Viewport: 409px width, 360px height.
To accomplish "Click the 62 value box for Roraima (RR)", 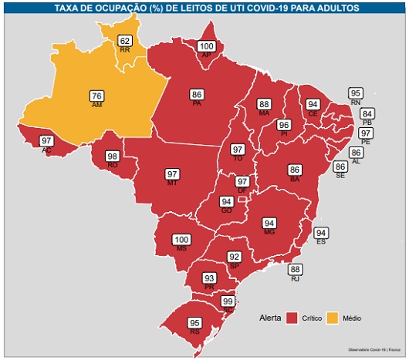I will pos(124,41).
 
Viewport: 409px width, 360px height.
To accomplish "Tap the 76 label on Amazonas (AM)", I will pos(96,96).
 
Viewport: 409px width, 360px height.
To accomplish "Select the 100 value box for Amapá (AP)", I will pos(206,47).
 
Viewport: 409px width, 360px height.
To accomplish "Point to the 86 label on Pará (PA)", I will pos(197,95).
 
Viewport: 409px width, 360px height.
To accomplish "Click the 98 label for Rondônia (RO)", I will pos(113,156).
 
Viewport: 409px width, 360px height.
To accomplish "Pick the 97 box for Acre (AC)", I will pos(47,140).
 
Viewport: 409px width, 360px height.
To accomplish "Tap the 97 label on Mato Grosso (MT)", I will pos(172,174).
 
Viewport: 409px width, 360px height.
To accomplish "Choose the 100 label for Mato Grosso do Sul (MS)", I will pos(181,240).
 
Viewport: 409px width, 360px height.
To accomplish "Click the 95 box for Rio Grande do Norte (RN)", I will pos(356,93).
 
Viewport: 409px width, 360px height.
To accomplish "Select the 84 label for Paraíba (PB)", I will pos(367,114).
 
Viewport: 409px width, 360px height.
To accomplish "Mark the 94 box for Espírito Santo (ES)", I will pos(322,233).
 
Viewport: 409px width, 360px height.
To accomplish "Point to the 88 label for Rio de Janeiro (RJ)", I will pos(296,270).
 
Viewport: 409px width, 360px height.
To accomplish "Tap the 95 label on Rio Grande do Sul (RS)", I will pos(195,323).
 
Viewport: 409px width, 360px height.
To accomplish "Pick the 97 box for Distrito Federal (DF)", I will pos(242,181).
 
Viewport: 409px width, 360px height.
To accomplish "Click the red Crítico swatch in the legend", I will pos(292,318).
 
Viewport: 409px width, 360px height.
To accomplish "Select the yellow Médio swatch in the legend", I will pos(335,318).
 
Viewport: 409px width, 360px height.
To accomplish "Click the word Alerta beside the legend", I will pos(269,318).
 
